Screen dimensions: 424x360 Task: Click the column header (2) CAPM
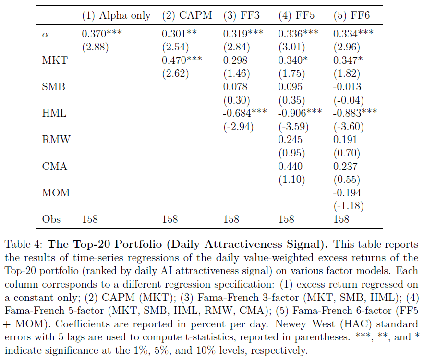(x=187, y=15)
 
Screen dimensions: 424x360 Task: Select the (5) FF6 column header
(x=351, y=15)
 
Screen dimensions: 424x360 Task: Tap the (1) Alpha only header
(x=116, y=16)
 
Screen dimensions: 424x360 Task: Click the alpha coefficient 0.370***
(x=102, y=34)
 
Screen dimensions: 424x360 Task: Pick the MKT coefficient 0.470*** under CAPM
(x=182, y=60)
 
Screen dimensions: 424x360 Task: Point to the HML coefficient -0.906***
(x=300, y=113)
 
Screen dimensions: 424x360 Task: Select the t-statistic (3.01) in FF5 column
(x=292, y=47)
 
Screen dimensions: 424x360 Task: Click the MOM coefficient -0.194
(x=347, y=192)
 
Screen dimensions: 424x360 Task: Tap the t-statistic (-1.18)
(x=349, y=206)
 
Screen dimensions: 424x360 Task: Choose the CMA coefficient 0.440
(x=290, y=166)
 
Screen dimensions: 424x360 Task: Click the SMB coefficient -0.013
(x=347, y=87)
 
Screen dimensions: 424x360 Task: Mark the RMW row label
(x=56, y=140)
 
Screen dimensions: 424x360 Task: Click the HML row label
(x=54, y=113)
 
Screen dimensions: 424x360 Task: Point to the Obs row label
(x=51, y=219)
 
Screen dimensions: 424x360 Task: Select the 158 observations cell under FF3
(x=231, y=219)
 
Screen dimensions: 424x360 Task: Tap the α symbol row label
(x=46, y=35)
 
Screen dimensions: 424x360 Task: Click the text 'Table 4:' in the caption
(x=24, y=244)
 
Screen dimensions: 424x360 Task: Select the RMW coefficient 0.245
(x=290, y=140)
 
